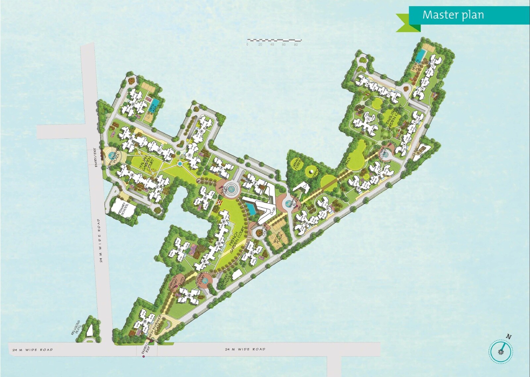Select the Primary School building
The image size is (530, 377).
click(x=123, y=208)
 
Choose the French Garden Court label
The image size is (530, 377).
click(x=236, y=240)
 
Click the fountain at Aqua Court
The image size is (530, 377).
click(x=231, y=189)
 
